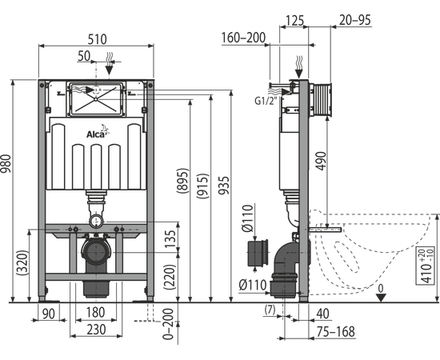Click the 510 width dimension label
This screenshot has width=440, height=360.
[x=97, y=39]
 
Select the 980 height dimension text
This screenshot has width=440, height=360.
[x=6, y=163]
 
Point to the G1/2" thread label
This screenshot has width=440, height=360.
[x=266, y=101]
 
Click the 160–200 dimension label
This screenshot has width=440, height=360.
[x=243, y=38]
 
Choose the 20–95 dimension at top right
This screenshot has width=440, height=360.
[x=355, y=20]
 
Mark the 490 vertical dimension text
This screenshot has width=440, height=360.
[x=322, y=161]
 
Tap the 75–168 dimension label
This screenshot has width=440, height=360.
[x=336, y=332]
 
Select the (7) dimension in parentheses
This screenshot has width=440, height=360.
[x=270, y=310]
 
